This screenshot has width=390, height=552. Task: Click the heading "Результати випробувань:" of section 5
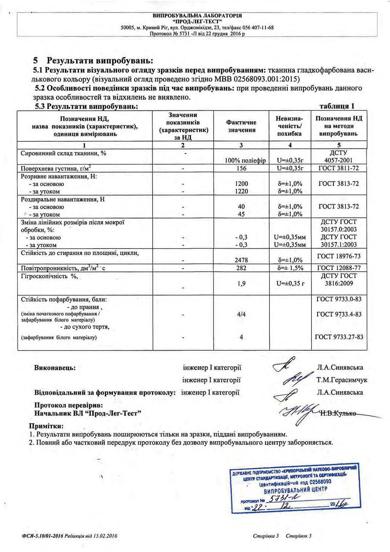click(100, 61)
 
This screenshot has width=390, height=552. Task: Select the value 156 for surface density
click(241, 168)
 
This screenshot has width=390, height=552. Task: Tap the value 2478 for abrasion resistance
click(241, 260)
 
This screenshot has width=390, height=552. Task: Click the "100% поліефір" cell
click(245, 160)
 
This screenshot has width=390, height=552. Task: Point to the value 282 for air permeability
click(241, 268)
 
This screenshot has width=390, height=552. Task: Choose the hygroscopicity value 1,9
click(241, 283)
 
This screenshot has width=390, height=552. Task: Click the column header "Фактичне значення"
click(241, 126)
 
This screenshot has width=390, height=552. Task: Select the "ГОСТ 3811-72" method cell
click(339, 168)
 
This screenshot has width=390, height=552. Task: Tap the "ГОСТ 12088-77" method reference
click(339, 268)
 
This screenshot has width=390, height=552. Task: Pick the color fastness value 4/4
click(241, 315)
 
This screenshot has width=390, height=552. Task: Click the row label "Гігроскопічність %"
click(49, 276)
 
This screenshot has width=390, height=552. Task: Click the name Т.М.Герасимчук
click(342, 380)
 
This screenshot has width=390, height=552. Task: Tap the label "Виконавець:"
click(55, 368)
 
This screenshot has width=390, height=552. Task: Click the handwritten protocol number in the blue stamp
click(283, 499)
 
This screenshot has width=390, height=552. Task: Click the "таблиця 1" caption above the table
click(337, 106)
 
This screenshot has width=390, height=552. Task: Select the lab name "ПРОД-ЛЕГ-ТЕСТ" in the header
click(197, 22)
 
